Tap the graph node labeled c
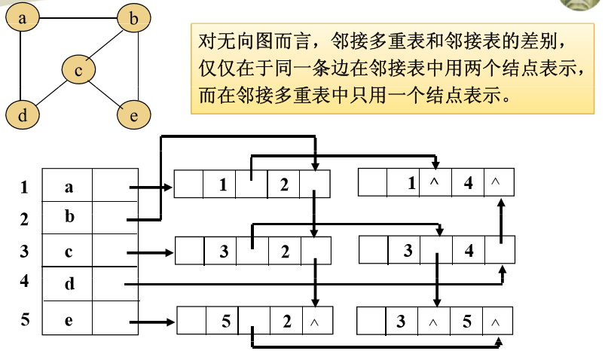click(x=78, y=69)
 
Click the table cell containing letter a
click(x=68, y=186)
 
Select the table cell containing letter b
click(x=68, y=218)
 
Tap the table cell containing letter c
click(x=68, y=252)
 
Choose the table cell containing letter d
click(x=68, y=285)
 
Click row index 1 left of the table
click(x=24, y=187)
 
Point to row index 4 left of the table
click(x=24, y=281)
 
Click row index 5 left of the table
click(x=24, y=319)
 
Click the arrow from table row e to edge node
click(x=151, y=322)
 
